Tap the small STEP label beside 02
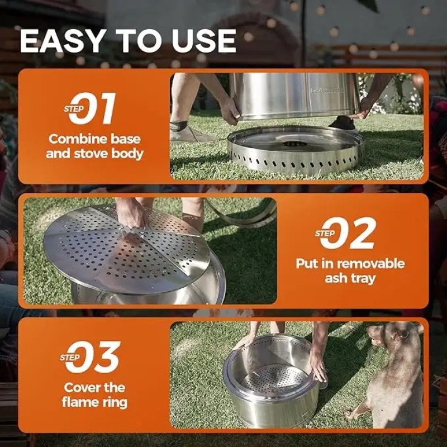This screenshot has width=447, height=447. click(x=325, y=234)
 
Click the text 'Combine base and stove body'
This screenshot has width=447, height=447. click(x=93, y=146)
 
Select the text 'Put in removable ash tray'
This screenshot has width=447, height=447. click(x=350, y=270)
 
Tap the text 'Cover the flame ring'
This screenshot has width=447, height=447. click(x=94, y=394)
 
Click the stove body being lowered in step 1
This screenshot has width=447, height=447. click(x=294, y=95)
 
